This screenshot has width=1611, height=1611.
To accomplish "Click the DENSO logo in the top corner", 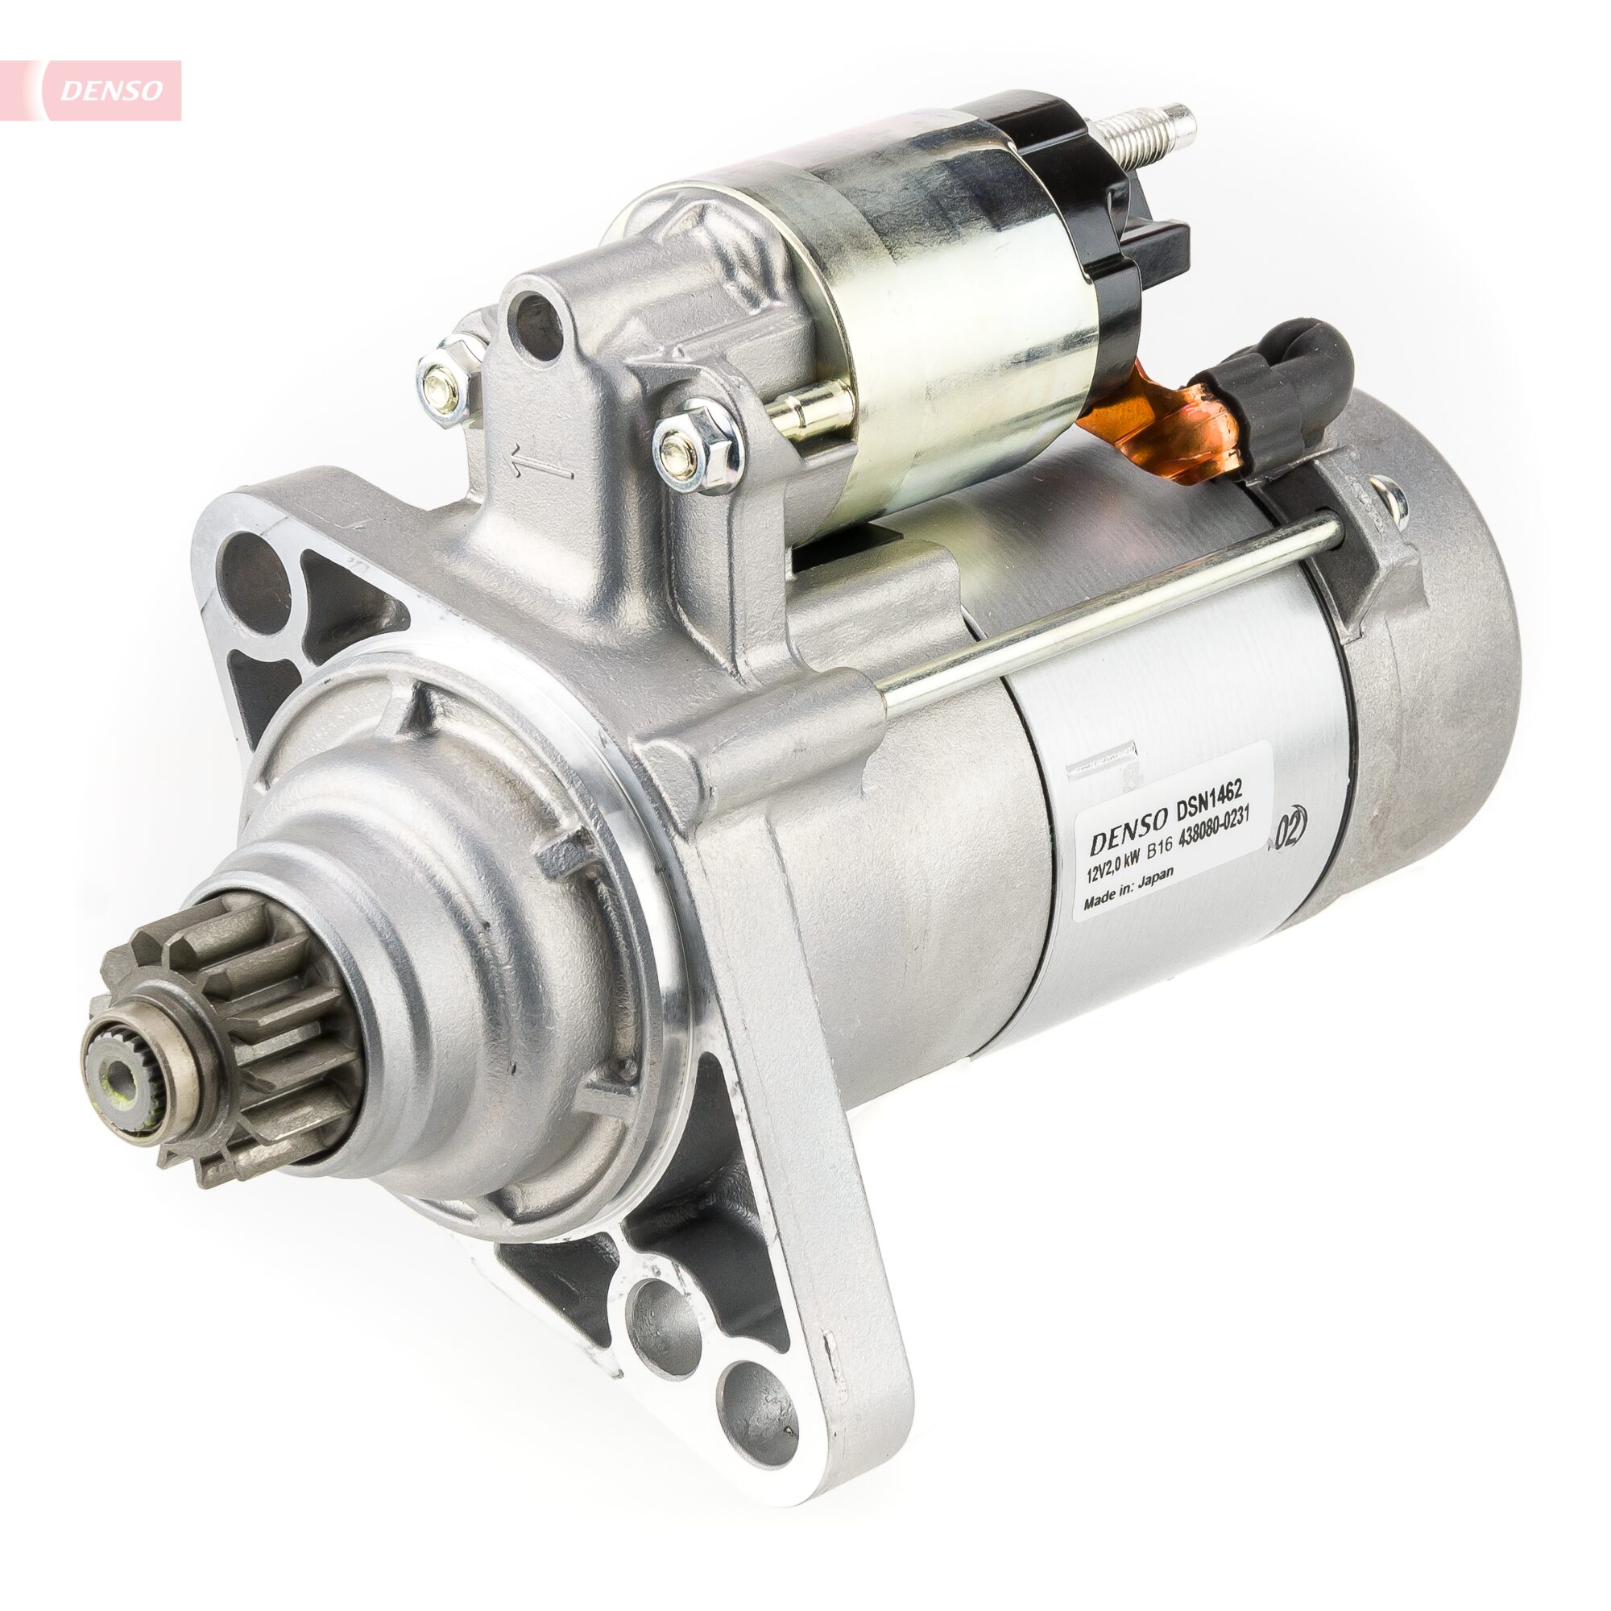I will coord(111,90).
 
